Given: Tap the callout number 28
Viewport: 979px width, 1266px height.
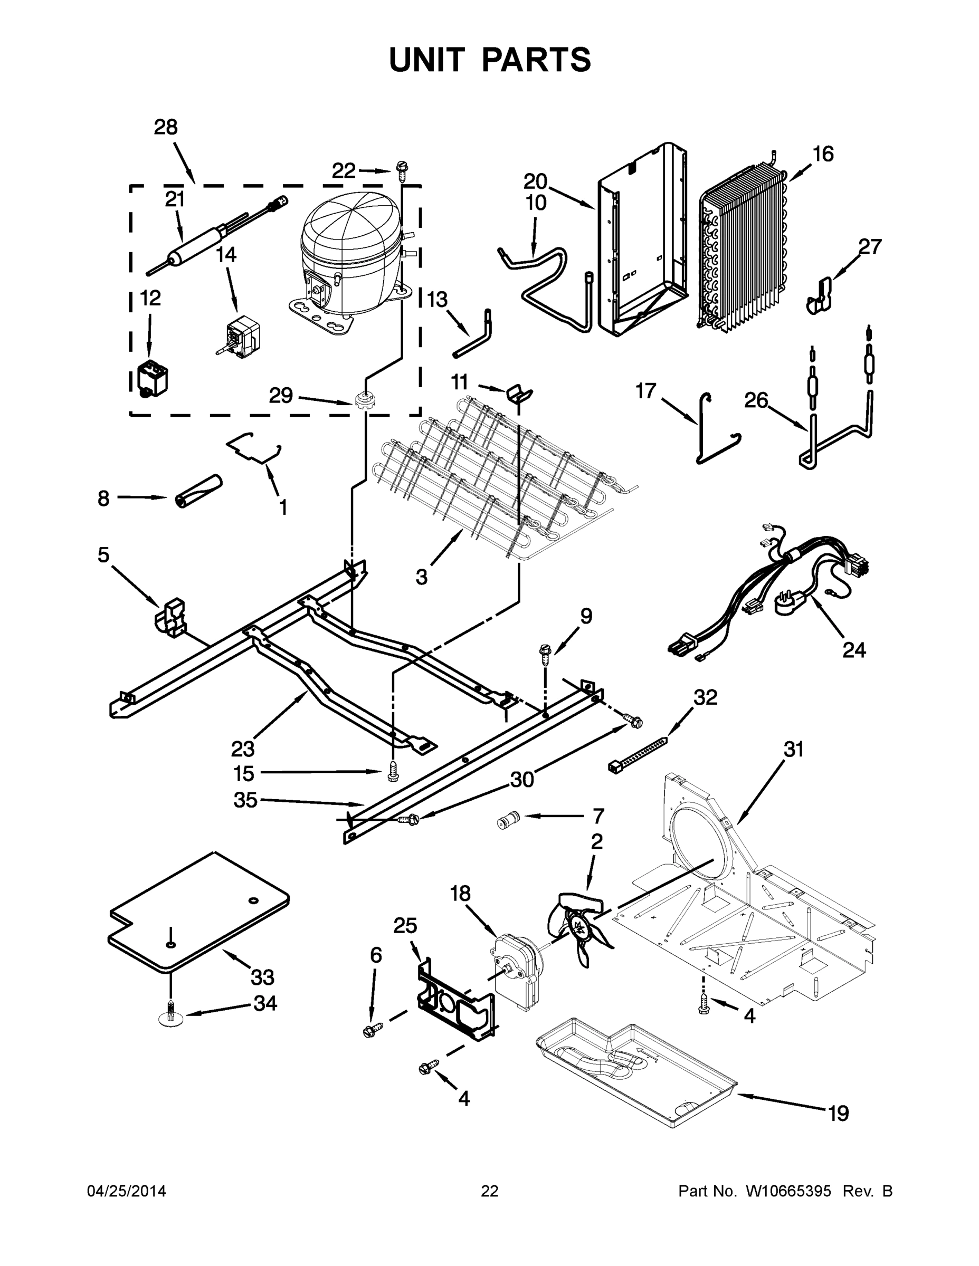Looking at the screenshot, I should pyautogui.click(x=165, y=127).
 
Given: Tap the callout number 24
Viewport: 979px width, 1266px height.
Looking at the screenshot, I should pyautogui.click(x=853, y=650).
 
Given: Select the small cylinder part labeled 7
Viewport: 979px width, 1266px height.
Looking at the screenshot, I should pyautogui.click(x=506, y=821).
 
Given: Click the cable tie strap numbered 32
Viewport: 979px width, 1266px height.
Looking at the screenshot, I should pyautogui.click(x=638, y=754).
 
